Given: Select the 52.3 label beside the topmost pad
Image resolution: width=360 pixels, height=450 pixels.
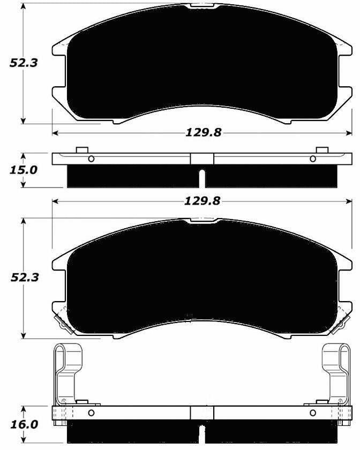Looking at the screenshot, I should point(23,63).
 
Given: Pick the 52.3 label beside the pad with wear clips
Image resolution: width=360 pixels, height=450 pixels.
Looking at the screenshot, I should point(23,278).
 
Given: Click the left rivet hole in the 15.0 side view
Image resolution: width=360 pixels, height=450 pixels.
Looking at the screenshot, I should point(91,159).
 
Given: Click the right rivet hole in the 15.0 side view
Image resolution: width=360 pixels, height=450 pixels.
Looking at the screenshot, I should point(313,159).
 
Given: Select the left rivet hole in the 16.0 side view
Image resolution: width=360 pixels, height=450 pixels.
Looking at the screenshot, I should point(91,412).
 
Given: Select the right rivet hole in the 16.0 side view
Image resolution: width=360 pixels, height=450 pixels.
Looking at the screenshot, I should point(313,412).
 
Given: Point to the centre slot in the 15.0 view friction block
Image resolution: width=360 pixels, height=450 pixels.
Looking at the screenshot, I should point(202,179).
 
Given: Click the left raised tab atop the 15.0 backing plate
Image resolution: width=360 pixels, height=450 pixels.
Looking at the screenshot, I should point(82,149).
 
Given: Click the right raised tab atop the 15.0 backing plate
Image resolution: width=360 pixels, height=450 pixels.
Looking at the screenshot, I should point(321,149).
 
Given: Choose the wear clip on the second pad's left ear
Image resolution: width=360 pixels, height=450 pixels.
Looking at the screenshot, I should point(60,319).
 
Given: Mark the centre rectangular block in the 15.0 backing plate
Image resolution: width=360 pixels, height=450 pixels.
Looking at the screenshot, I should point(202,159).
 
